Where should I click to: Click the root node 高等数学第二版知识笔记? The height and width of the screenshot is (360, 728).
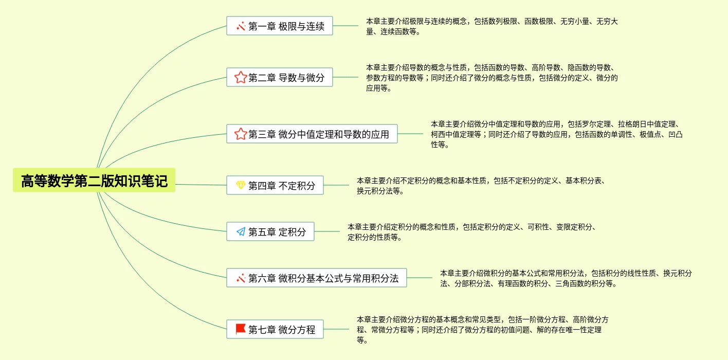[x=94, y=181]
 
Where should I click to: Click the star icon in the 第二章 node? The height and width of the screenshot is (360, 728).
[x=240, y=78]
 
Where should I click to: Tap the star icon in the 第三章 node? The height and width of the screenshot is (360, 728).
[x=240, y=134]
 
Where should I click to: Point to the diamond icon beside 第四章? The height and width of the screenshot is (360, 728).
[x=240, y=186]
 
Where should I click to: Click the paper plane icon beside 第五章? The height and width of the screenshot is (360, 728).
[x=240, y=232]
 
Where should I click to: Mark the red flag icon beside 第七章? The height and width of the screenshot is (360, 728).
[x=240, y=329]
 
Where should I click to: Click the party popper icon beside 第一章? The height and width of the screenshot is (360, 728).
[x=240, y=26]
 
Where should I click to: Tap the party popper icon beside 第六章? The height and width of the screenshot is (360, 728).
[x=240, y=278]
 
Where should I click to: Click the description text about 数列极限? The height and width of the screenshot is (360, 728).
[x=492, y=26]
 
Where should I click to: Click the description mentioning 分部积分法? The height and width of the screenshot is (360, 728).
[x=566, y=278]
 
